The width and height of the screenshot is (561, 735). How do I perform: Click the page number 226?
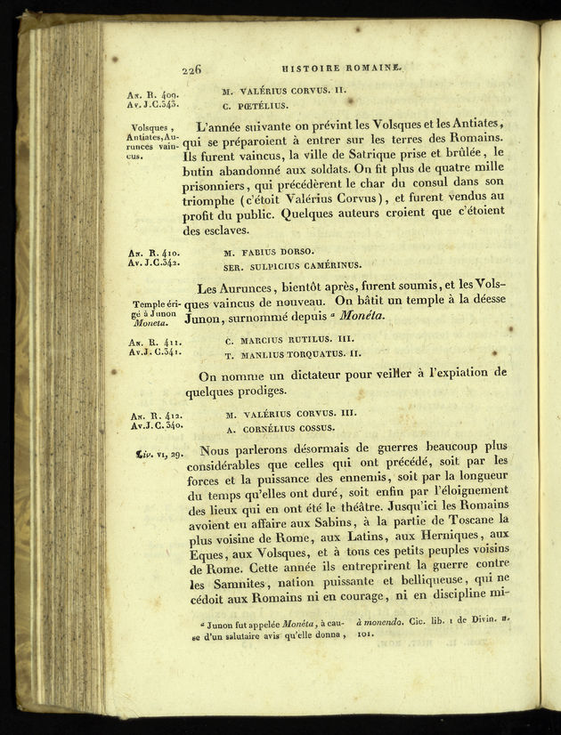tap(191, 69)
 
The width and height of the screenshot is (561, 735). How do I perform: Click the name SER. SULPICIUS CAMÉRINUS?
tap(292, 264)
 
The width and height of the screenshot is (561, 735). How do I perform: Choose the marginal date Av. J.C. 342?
tap(154, 264)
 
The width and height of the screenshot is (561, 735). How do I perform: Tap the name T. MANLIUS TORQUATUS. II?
tap(292, 354)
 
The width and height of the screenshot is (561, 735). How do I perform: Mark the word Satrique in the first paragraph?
tap(356, 153)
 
